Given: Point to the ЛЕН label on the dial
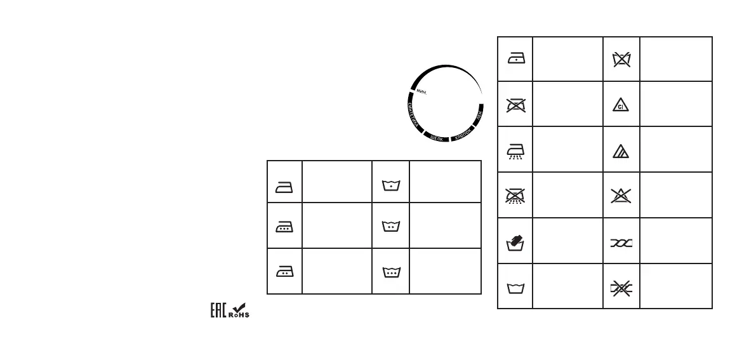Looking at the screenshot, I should [478, 116].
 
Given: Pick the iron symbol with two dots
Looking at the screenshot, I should [284, 270].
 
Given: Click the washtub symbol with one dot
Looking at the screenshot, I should [390, 186].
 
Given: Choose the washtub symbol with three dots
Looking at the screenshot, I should [390, 272].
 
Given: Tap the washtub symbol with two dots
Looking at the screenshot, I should [390, 227].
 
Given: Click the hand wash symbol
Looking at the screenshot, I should [514, 242].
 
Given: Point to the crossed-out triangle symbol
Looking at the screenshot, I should [621, 196].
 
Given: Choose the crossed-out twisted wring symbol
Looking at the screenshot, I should [621, 288].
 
